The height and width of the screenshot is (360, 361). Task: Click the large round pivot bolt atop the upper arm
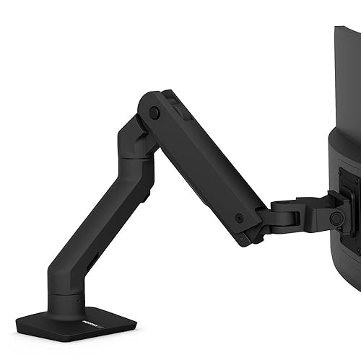155,113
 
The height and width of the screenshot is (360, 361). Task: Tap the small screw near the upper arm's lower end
239,217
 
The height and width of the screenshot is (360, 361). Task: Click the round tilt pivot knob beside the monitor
335,217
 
